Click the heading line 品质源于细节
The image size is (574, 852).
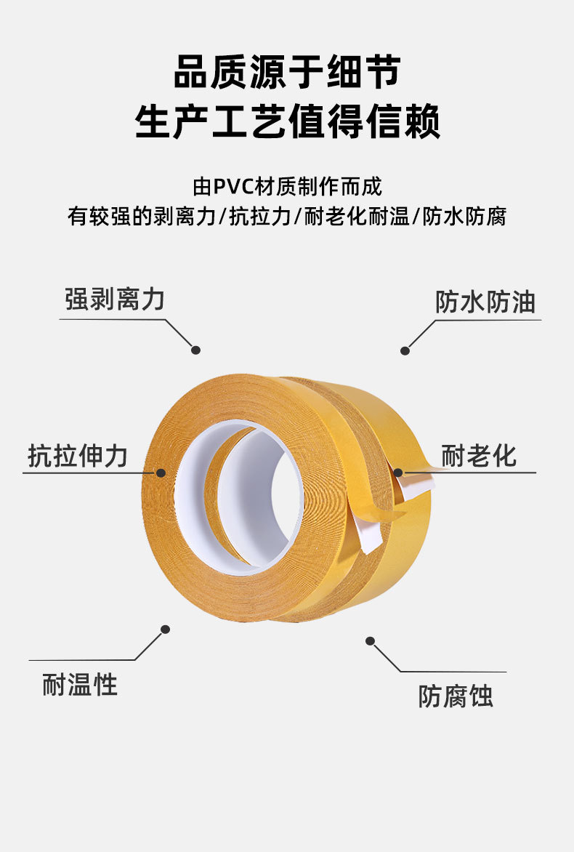287,76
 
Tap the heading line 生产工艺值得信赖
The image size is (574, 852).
287,121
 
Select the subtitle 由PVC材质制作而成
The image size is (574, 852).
287,187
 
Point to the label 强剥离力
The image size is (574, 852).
115,300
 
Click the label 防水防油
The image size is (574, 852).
485,302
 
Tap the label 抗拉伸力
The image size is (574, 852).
78,456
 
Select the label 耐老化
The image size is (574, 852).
479,456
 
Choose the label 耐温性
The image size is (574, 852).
80,684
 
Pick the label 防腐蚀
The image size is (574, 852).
456,696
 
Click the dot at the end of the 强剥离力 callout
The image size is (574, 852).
195,350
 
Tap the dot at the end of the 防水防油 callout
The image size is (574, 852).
405,350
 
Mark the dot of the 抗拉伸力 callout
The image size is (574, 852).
161,473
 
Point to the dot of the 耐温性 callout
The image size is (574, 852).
166,629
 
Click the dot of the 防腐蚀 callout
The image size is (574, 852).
371,640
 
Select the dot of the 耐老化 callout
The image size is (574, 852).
398,473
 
